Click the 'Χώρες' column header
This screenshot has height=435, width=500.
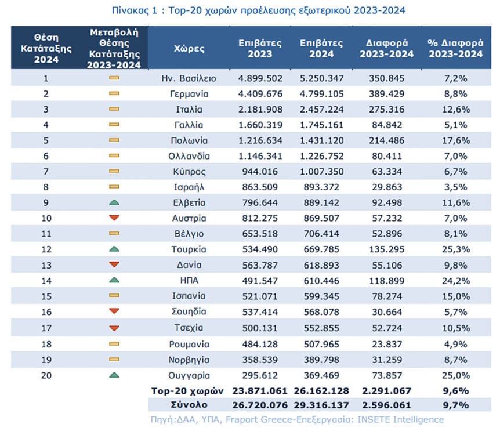coord(189,49)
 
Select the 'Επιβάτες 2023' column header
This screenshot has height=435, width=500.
coord(260,48)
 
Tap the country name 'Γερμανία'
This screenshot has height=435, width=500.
coord(189,94)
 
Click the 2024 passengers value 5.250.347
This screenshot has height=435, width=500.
coord(321,78)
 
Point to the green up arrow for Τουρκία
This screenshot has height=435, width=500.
coord(114,249)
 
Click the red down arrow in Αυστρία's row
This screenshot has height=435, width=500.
coord(114,218)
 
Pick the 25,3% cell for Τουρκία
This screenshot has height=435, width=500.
coord(456,249)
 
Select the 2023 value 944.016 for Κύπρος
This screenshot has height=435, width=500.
coord(260,172)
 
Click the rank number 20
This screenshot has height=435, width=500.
coord(46,375)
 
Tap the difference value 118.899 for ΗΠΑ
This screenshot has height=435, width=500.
coord(386,281)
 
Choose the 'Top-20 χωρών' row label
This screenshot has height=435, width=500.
coord(187,391)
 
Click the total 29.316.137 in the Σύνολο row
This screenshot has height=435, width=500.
coord(321,405)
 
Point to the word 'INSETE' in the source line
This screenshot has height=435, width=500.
coord(374,419)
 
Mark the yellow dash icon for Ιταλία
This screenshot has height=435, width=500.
coord(114,109)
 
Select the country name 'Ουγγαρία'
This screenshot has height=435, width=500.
coord(189,376)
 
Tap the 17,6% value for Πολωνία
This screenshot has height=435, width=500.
coord(456,140)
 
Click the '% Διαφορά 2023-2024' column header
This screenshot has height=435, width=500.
coord(456,48)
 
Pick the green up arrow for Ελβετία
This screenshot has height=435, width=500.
coord(114,202)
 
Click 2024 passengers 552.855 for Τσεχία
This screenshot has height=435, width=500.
coord(321,328)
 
